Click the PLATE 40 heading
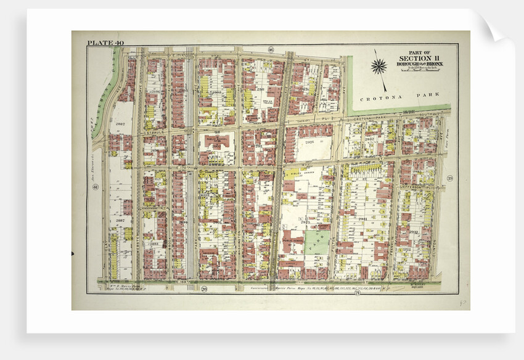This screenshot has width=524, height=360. [x=106, y=43]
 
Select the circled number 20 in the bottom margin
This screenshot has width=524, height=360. [x=203, y=289]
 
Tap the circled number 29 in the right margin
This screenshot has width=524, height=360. [x=449, y=179]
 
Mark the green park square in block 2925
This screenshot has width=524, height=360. [x=316, y=243]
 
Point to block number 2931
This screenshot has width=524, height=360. [x=362, y=219]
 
